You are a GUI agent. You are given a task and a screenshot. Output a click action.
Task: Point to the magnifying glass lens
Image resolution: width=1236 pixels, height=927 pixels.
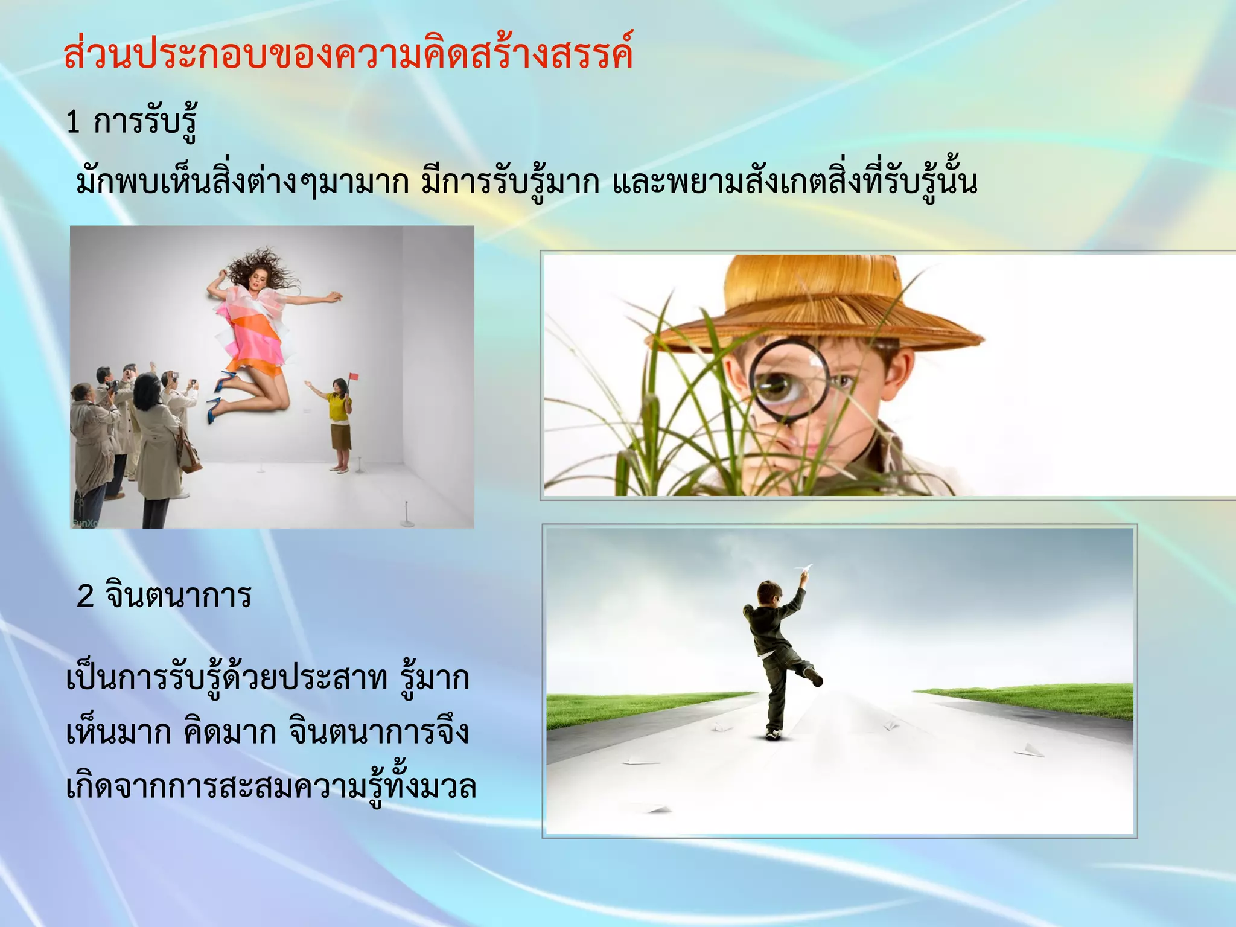[789, 381]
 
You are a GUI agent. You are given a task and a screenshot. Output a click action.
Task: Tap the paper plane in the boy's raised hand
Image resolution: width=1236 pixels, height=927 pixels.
[804, 568]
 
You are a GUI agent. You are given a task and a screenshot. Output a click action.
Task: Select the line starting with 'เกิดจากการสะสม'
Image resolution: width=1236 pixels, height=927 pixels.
[272, 786]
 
